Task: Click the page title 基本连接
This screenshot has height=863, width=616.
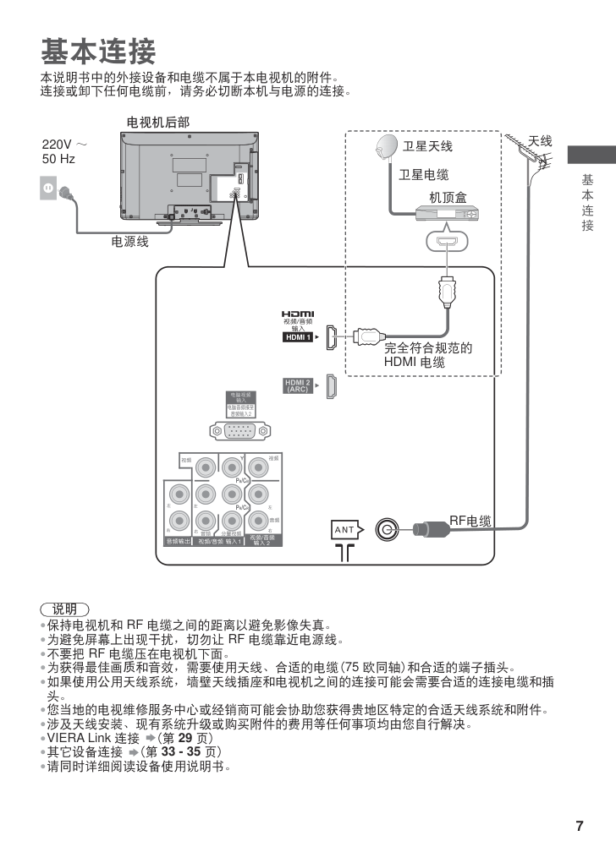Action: coord(98,52)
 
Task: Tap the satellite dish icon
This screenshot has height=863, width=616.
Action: coord(387,148)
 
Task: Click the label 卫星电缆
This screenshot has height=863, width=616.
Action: coord(424,175)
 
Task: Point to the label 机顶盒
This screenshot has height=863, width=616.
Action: coord(448,197)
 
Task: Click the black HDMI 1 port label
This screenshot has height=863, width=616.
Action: coord(298,337)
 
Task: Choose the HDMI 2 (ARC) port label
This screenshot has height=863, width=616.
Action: coord(298,386)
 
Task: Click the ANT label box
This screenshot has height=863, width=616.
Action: coord(345,530)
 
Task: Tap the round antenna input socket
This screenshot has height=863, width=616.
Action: coord(387,530)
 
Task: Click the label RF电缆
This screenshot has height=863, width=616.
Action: coord(470,521)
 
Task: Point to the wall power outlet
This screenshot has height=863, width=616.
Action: coord(49,188)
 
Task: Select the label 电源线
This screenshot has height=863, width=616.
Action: coord(130,242)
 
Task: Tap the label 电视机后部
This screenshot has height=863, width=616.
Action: coord(158,123)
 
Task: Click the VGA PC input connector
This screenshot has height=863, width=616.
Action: coord(241,431)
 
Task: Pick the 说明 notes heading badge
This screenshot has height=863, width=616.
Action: coord(64,609)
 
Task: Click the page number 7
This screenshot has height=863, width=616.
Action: coord(580,826)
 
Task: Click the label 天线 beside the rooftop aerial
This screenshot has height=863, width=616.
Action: coord(540,141)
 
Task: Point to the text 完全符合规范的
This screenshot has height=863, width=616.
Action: coord(427,347)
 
